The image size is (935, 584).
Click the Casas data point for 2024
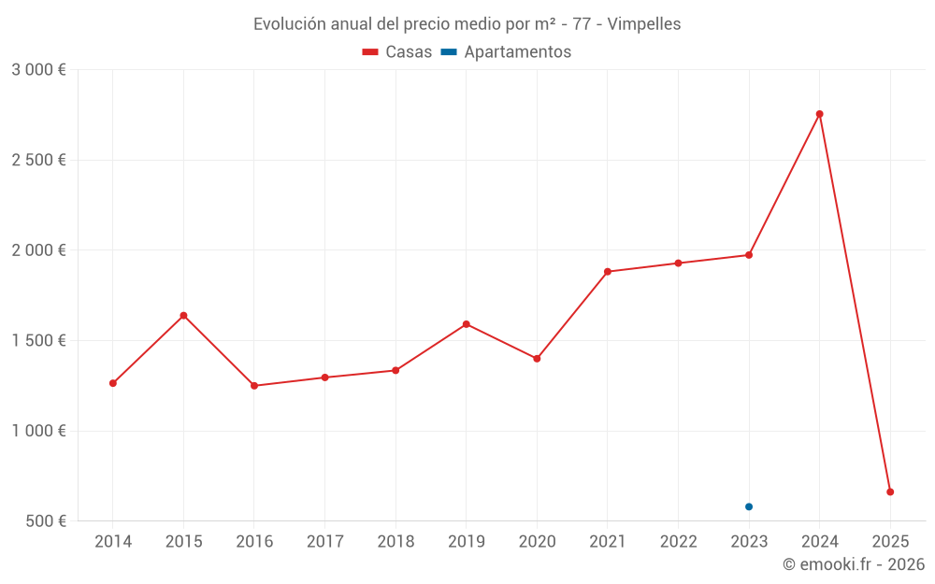(819, 114)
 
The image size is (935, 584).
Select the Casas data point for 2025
(890, 491)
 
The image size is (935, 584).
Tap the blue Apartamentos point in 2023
(749, 506)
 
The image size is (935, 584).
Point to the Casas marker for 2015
(183, 315)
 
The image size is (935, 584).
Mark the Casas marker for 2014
(113, 383)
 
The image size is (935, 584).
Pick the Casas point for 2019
(466, 324)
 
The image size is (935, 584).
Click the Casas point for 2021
(608, 272)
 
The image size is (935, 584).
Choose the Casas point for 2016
(254, 386)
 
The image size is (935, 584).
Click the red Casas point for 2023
(749, 255)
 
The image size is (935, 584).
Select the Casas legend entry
(397, 52)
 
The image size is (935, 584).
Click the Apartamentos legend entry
(506, 52)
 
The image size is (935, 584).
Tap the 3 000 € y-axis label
(38, 70)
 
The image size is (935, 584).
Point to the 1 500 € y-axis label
(38, 341)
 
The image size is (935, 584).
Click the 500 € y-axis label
(45, 521)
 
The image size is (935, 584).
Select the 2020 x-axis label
(537, 542)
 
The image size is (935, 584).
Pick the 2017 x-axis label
(324, 542)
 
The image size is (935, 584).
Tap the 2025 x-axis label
(890, 542)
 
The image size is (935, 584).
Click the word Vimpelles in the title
(644, 24)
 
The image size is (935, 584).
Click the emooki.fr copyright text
(854, 564)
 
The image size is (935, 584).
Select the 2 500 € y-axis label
(38, 161)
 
